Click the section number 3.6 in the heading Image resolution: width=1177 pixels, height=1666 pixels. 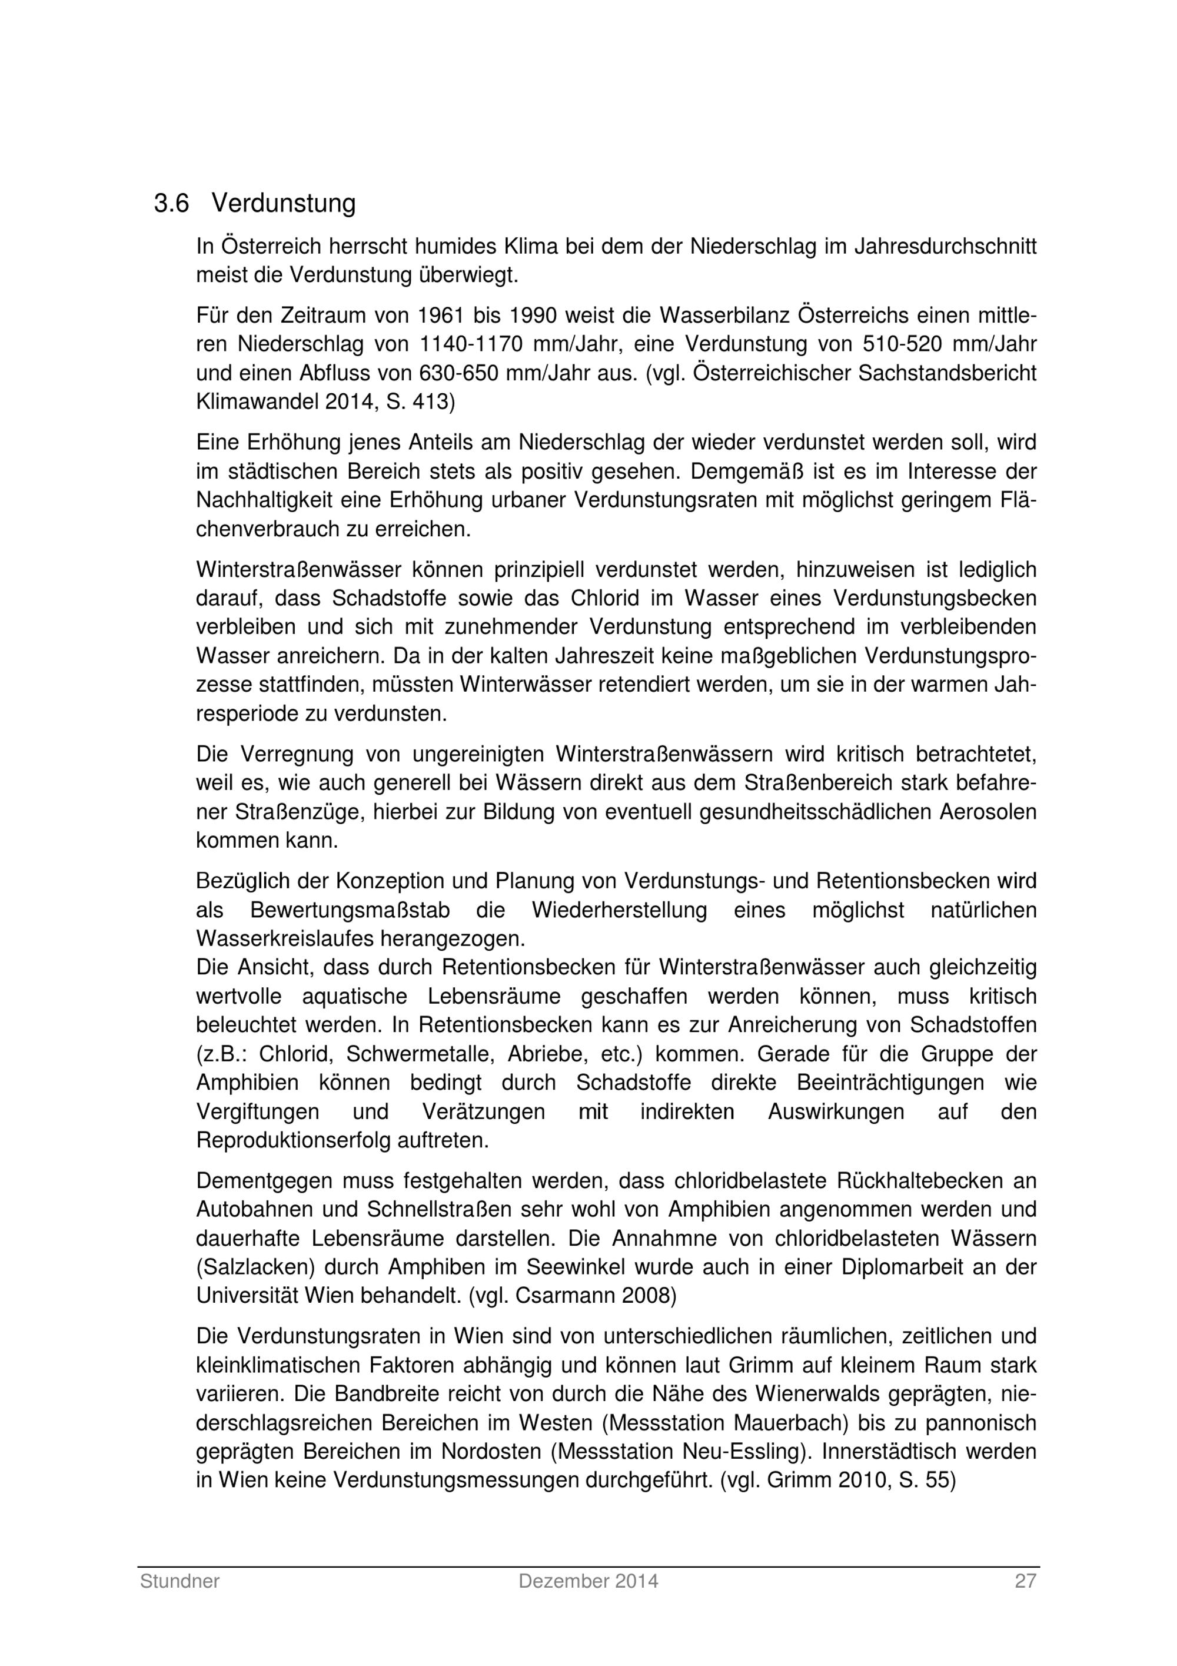(x=171, y=204)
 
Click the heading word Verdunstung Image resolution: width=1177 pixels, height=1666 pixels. (x=284, y=204)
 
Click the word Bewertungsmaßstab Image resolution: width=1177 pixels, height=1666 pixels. (x=350, y=910)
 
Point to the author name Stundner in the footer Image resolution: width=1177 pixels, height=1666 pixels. (x=180, y=1581)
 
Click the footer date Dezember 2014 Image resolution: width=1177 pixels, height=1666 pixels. (x=588, y=1581)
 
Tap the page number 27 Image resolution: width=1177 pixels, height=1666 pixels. (x=1025, y=1581)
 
